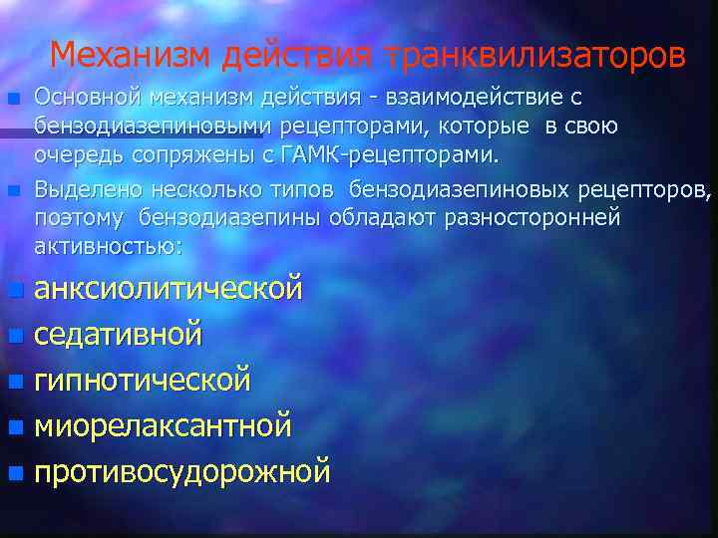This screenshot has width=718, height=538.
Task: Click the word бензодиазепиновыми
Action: tap(160, 127)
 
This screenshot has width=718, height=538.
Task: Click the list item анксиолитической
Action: tap(169, 290)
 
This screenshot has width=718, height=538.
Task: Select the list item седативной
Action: tap(119, 334)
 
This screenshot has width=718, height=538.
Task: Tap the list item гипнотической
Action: tap(143, 380)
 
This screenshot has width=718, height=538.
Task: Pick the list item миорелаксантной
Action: tap(164, 425)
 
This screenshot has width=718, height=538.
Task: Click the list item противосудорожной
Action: tap(182, 470)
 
